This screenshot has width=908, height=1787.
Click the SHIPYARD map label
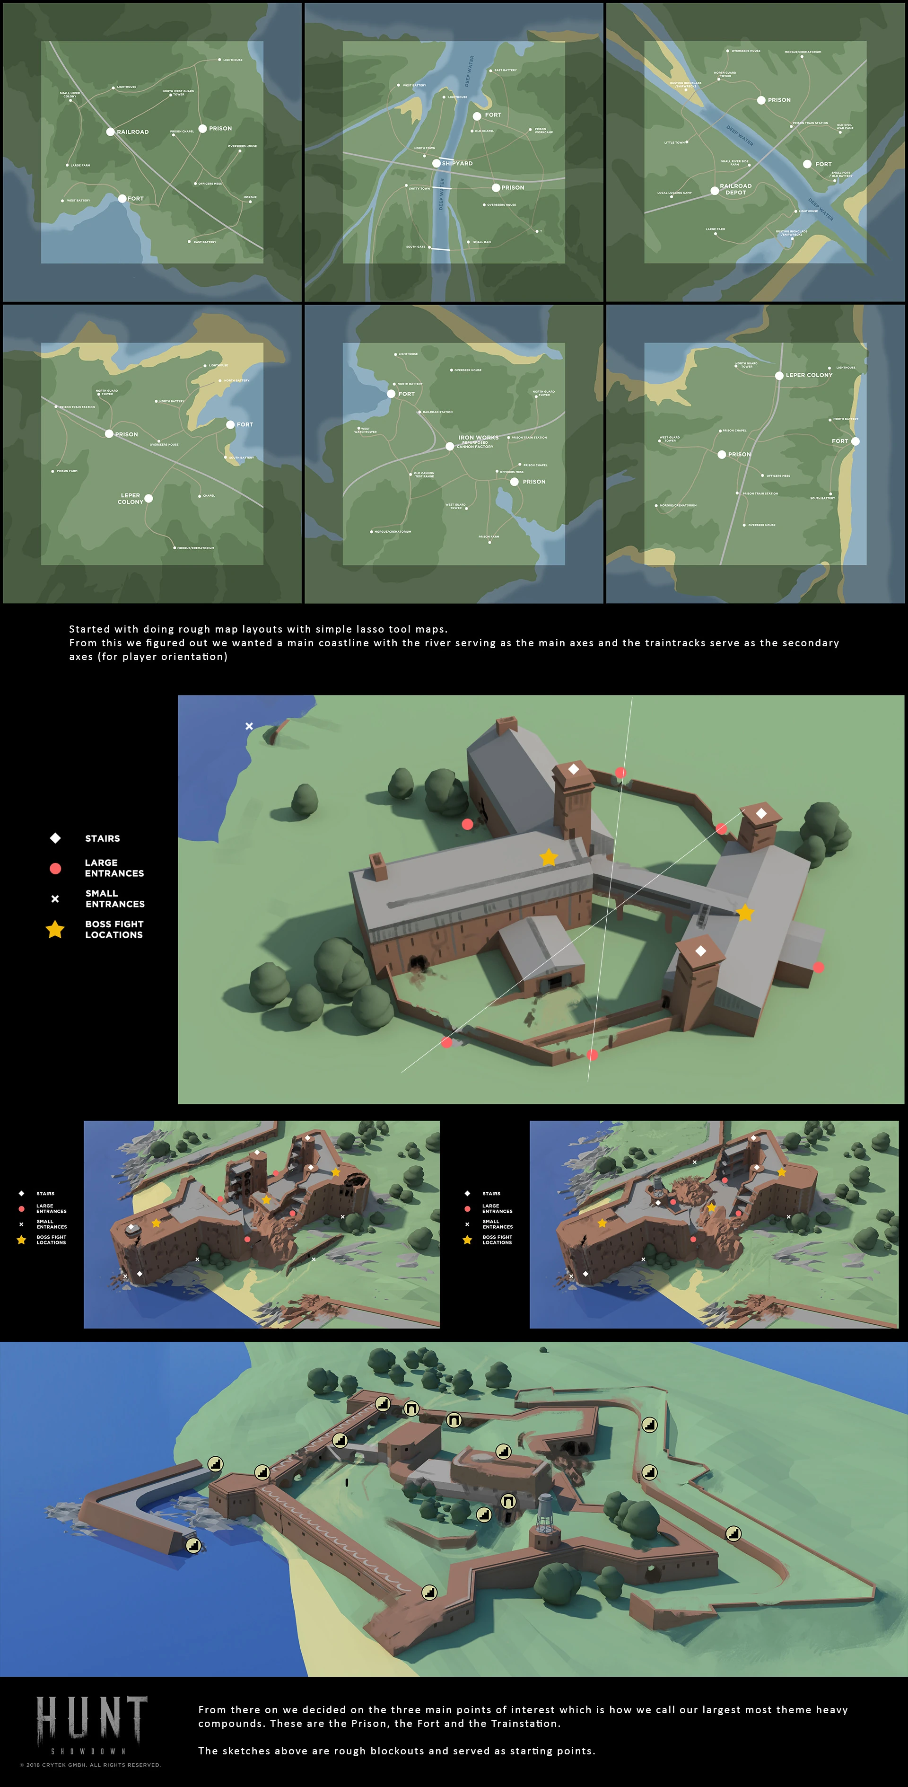pyautogui.click(x=457, y=164)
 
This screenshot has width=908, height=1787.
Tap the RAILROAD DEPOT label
pyautogui.click(x=735, y=189)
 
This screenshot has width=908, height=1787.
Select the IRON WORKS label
pyautogui.click(x=478, y=438)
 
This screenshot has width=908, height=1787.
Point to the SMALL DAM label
pyautogui.click(x=482, y=242)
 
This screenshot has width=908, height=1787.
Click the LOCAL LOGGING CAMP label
pyautogui.click(x=674, y=193)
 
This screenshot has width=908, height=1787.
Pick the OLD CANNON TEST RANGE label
pyautogui.click(x=424, y=475)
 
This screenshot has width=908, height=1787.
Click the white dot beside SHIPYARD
pyautogui.click(x=437, y=164)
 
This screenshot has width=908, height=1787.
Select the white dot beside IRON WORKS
pyautogui.click(x=449, y=446)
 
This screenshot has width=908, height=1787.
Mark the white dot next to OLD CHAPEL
pyautogui.click(x=471, y=131)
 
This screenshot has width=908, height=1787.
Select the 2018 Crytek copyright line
pyautogui.click(x=90, y=1765)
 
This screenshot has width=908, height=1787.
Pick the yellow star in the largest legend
pyautogui.click(x=55, y=930)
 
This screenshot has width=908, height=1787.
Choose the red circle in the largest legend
pyautogui.click(x=55, y=868)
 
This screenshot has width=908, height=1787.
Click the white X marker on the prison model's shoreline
pyautogui.click(x=249, y=726)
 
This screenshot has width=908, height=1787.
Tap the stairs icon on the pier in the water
pyautogui.click(x=193, y=1545)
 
